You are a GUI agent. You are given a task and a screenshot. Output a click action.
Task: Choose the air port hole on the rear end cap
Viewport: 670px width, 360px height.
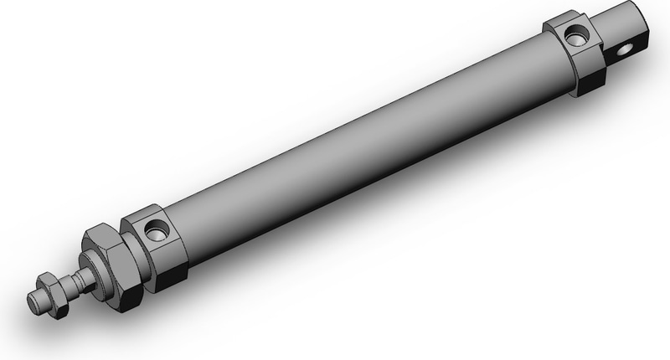pyautogui.click(x=575, y=35)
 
